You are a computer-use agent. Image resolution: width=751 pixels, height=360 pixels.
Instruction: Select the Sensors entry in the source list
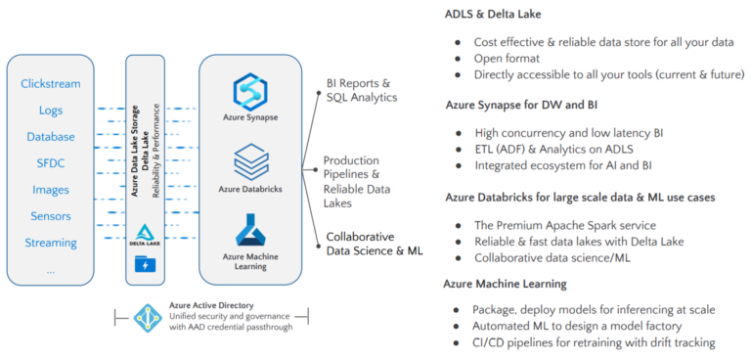click(50, 216)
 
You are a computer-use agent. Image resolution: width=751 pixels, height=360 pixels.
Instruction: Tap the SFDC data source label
click(50, 163)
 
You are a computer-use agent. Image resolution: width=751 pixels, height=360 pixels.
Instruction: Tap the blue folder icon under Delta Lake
click(146, 264)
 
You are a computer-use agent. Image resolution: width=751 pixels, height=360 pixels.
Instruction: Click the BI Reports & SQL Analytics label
click(361, 90)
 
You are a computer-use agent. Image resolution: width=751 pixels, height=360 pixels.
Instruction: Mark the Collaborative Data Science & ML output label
click(375, 244)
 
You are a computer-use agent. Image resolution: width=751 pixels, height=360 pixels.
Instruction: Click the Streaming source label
click(50, 242)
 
